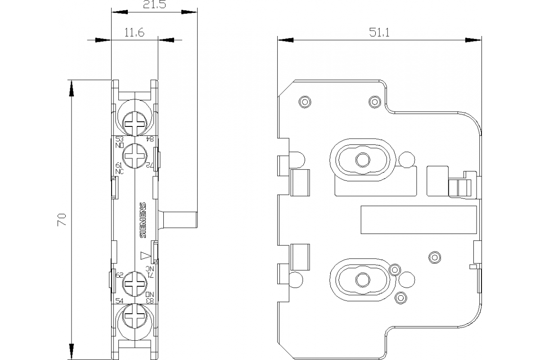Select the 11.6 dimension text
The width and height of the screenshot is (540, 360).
click(x=134, y=33)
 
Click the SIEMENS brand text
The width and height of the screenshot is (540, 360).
click(x=143, y=220)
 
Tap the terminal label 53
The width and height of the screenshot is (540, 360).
click(x=119, y=139)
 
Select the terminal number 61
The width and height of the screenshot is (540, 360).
click(x=119, y=165)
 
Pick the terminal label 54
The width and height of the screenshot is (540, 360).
click(x=119, y=301)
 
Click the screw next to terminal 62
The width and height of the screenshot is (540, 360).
click(x=135, y=284)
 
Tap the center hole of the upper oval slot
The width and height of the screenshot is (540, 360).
click(x=361, y=160)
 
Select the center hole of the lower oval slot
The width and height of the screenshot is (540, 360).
click(x=361, y=279)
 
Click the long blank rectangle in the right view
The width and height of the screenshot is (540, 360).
click(x=418, y=220)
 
